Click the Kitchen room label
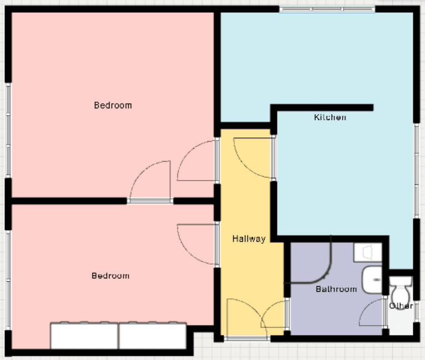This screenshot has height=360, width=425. tap(330, 117)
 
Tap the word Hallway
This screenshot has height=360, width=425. tap(248, 239)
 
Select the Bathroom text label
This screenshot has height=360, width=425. tap(336, 289)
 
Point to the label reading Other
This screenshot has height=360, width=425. tap(401, 306)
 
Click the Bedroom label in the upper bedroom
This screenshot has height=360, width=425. tap(113, 105)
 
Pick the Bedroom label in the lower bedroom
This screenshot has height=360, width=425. tap(111, 276)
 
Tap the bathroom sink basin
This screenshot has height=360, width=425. tap(371, 279)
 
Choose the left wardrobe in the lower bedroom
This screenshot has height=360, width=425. tap(84, 336)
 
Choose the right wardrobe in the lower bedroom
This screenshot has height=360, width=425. tap(152, 336)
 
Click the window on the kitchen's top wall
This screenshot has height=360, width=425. tap(327, 9)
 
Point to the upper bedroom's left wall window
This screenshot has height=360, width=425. tap(8, 130)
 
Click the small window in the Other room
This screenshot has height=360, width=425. tap(415, 312)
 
